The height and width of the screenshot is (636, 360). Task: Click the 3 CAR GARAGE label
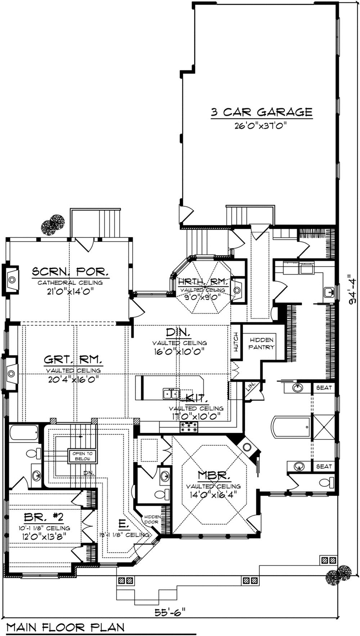pyautogui.click(x=261, y=112)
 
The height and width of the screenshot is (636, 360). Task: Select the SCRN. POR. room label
pyautogui.click(x=70, y=271)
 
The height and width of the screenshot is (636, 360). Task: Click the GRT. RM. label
pyautogui.click(x=73, y=359)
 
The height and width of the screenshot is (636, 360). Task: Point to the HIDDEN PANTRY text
pyautogui.click(x=262, y=343)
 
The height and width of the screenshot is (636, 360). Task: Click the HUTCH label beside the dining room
pyautogui.click(x=236, y=342)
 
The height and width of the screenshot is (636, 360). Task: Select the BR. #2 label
pyautogui.click(x=44, y=518)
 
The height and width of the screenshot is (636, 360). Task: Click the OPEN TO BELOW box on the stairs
pyautogui.click(x=83, y=456)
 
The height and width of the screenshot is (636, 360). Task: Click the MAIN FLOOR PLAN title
pyautogui.click(x=66, y=627)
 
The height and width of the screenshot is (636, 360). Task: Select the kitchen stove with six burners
pyautogui.click(x=189, y=427)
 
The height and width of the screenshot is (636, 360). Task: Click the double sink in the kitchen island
pyautogui.click(x=171, y=393)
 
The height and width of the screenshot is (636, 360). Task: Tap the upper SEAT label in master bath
pyautogui.click(x=324, y=388)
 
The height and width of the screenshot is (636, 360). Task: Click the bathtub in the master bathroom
pyautogui.click(x=291, y=427)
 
